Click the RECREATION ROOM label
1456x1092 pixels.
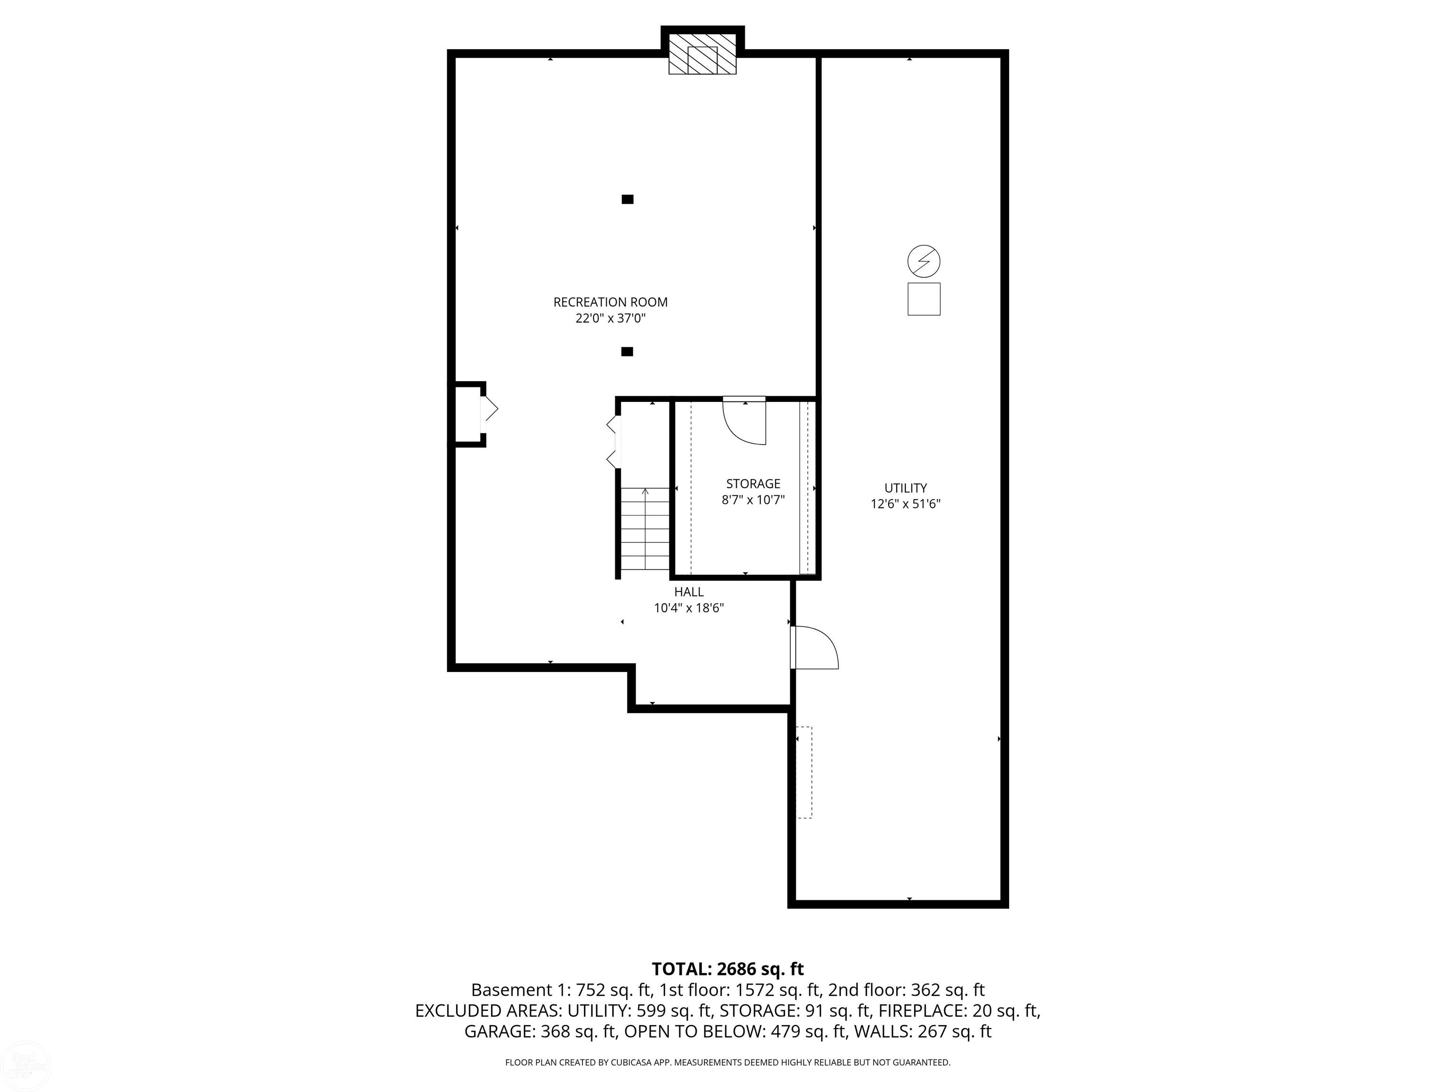(x=610, y=302)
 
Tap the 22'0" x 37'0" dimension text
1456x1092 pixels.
(x=610, y=318)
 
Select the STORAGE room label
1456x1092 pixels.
(x=753, y=484)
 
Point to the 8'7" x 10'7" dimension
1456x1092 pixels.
(x=753, y=500)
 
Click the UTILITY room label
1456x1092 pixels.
(x=906, y=488)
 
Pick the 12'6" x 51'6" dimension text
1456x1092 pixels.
(x=906, y=504)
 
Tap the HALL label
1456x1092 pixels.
(x=689, y=592)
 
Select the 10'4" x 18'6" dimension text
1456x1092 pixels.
(x=689, y=608)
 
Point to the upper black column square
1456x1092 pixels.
(x=628, y=199)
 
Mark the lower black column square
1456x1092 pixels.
(x=628, y=352)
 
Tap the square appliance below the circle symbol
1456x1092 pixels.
(x=923, y=299)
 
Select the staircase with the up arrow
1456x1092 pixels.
(x=645, y=529)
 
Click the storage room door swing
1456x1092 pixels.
(x=745, y=421)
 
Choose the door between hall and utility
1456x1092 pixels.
(x=814, y=648)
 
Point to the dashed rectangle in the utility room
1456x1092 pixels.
(x=804, y=772)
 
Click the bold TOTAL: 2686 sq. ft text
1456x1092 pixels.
(x=728, y=968)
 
